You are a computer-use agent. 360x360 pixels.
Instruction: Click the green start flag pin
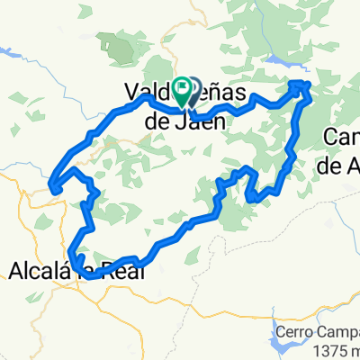tap(184, 87)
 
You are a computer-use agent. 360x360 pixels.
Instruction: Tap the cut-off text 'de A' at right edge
tap(340, 165)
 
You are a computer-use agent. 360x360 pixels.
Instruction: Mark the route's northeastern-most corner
tap(306, 84)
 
